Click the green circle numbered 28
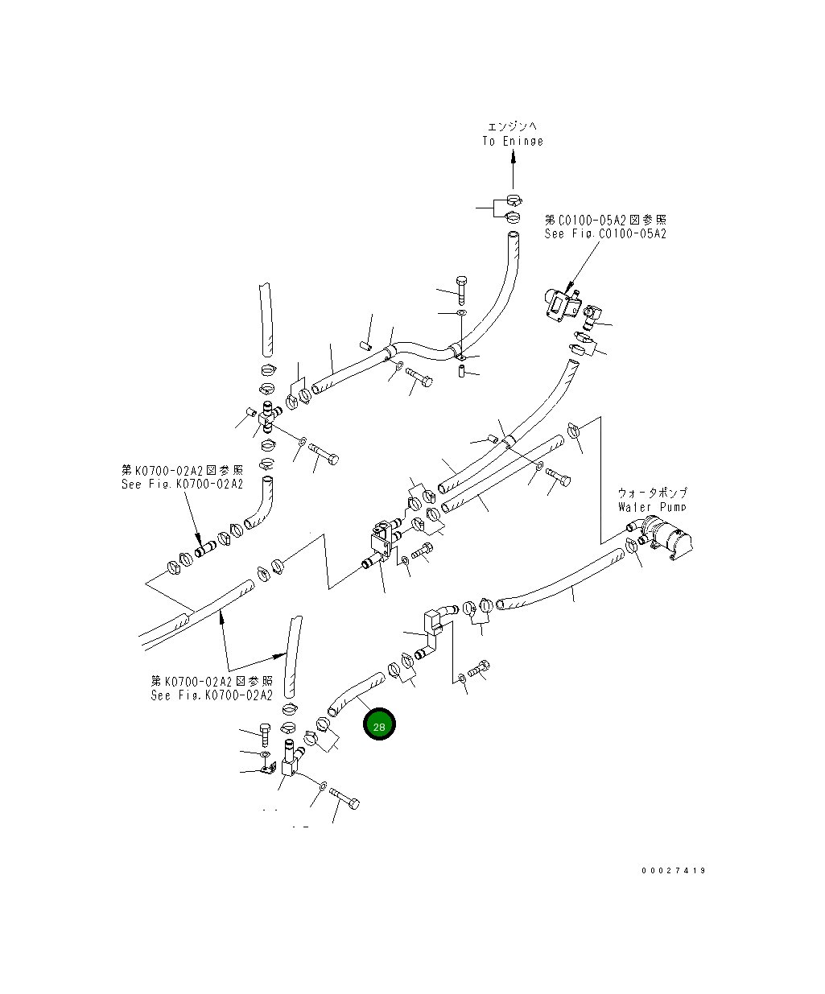point(379,725)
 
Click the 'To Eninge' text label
point(513,141)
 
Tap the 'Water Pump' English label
point(652,507)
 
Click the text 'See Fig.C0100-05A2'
point(605,233)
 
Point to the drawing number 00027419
point(674,871)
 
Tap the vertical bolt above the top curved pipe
point(460,288)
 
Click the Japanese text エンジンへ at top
point(512,126)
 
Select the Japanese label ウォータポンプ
point(652,493)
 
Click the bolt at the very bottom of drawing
point(345,800)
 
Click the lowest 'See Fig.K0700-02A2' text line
point(211,695)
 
